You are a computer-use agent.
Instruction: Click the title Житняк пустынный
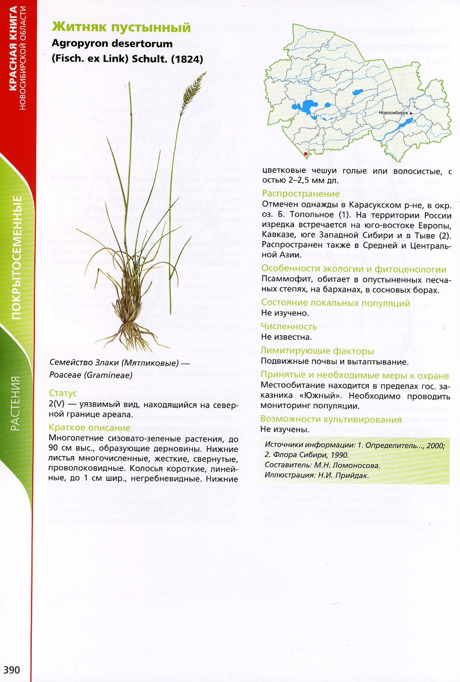click(x=121, y=28)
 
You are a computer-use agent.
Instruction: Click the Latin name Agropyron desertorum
click(x=112, y=44)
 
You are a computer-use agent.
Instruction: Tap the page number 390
click(x=12, y=670)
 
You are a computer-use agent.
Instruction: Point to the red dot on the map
click(x=306, y=153)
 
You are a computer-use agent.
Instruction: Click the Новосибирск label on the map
click(x=393, y=112)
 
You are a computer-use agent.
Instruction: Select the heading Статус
click(x=63, y=393)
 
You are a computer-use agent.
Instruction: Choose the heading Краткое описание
click(x=90, y=427)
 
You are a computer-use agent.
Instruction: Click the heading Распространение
click(x=301, y=194)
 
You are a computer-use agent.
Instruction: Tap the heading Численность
click(x=289, y=326)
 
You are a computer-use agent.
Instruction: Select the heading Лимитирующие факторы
click(x=317, y=351)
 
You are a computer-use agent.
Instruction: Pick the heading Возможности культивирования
click(x=331, y=419)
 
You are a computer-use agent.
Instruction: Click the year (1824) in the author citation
click(x=187, y=59)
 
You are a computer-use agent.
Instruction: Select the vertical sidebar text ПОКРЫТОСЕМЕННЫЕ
click(x=17, y=256)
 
